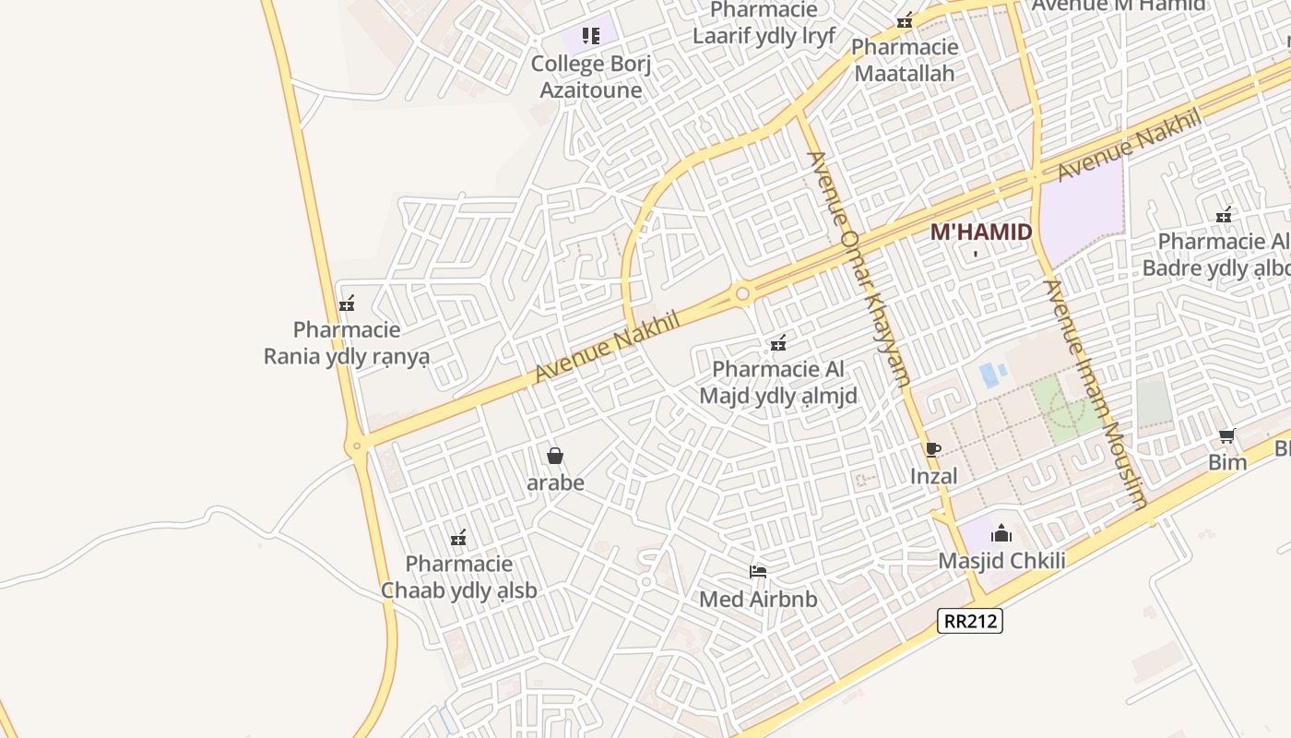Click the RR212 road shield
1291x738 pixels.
coord(970,621)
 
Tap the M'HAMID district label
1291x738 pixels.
coord(980,232)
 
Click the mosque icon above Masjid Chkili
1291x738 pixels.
coord(1001,533)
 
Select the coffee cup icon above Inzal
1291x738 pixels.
coord(932,449)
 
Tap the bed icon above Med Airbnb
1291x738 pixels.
coord(758,572)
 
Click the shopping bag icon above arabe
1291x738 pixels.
coord(555,455)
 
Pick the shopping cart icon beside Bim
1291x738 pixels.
coord(1226,435)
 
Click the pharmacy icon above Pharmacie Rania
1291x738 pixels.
coord(347,303)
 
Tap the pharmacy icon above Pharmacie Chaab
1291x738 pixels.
coord(458,537)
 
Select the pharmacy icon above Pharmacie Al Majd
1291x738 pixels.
coord(778,343)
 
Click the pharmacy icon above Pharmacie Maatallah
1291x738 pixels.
coord(905,19)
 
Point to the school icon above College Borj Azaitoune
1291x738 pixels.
coord(591,36)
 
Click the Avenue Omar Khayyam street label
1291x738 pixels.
coord(858,268)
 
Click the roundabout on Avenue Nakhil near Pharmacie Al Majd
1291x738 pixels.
coord(742,293)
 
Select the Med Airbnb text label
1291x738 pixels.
coord(758,600)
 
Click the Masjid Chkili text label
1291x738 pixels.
coord(1001,561)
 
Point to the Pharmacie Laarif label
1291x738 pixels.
coord(764,24)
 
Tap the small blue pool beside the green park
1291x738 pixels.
coord(989,375)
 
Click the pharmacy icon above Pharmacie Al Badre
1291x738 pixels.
coord(1224,215)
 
